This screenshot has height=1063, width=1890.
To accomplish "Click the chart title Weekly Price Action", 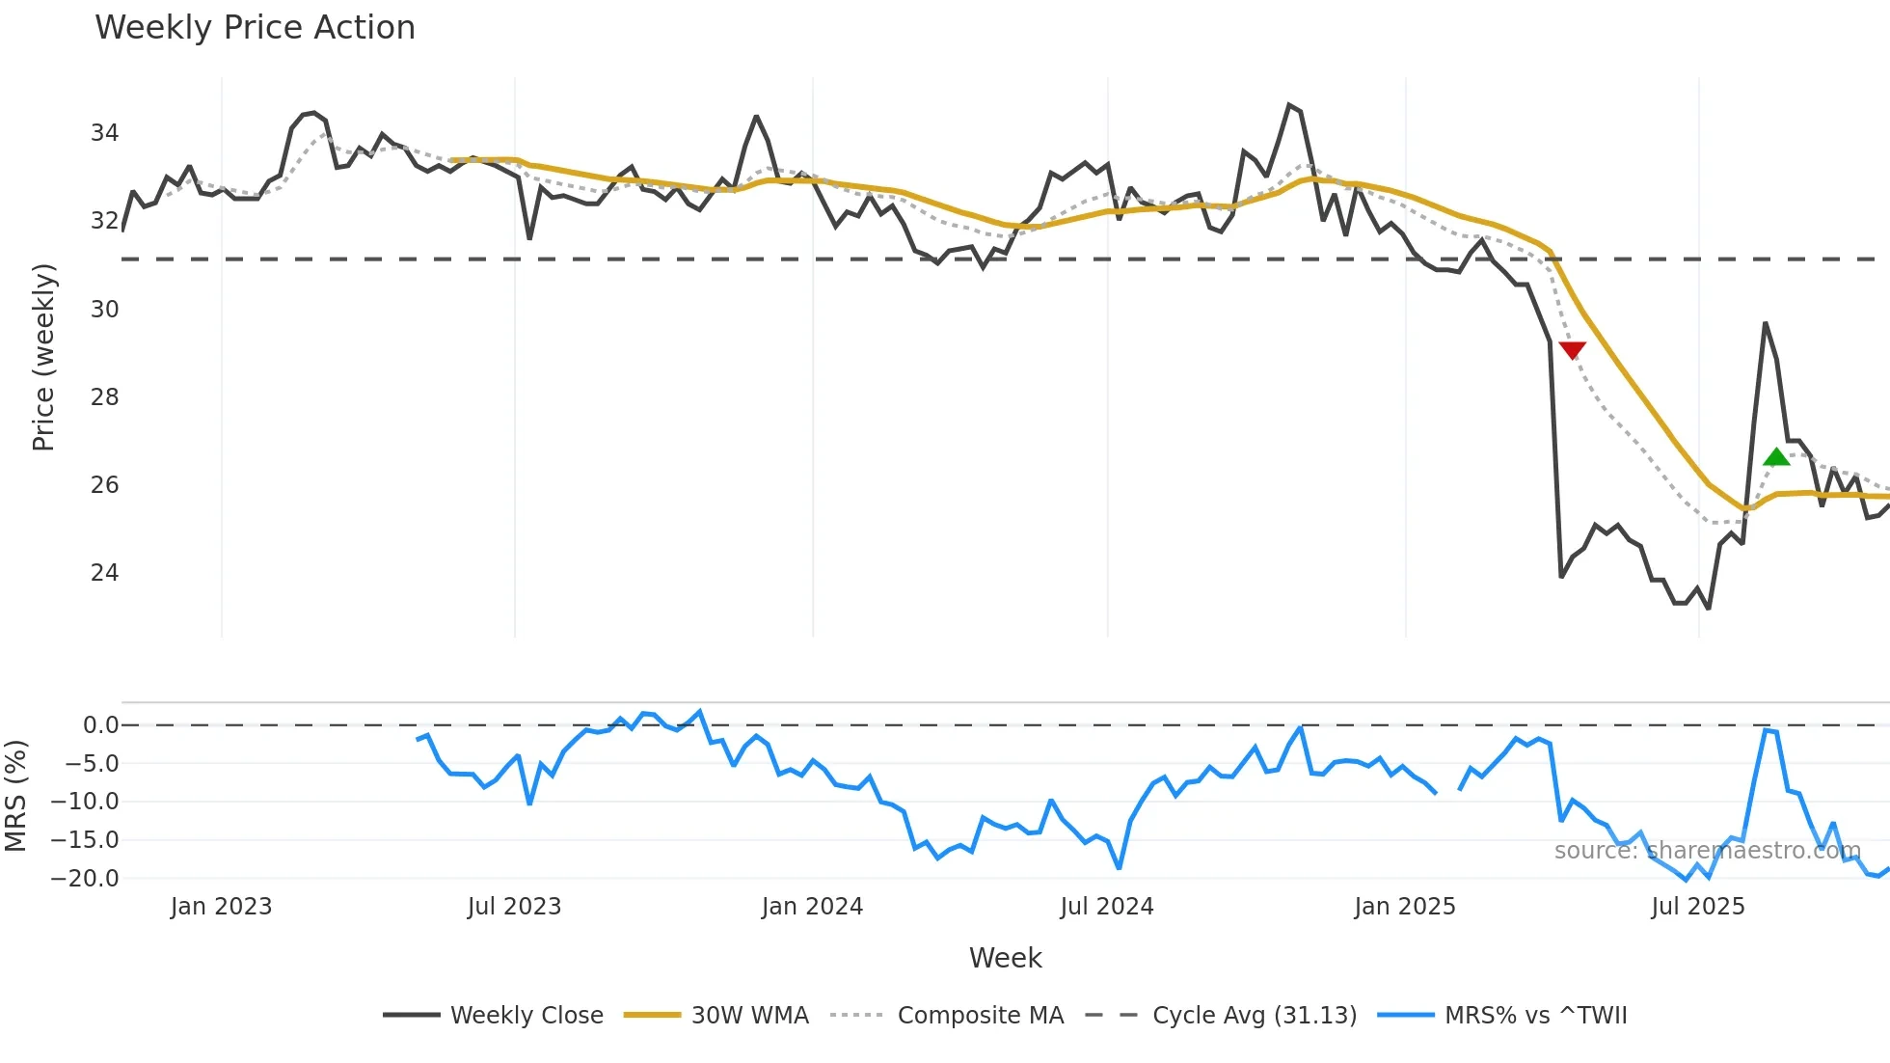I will pos(255,28).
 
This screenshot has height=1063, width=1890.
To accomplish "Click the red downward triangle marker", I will pos(1572,350).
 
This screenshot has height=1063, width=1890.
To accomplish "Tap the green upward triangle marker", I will pos(1775,457).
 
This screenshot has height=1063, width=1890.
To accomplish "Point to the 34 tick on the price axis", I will pos(104,133).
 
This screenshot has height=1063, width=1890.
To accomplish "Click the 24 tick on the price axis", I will pos(104,573).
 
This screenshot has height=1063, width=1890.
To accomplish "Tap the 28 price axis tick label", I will pos(104,397).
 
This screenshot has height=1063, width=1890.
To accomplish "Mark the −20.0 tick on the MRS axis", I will pos(85,879).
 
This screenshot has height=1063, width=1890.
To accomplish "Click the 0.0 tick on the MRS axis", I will pos(100,725).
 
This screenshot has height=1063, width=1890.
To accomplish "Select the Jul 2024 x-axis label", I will pos(1106,907).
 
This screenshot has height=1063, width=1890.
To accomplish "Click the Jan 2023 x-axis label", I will pos(221,907).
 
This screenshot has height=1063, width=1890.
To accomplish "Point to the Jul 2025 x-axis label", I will pos(1697,907).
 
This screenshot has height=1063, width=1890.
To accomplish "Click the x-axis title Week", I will pos(1005,958).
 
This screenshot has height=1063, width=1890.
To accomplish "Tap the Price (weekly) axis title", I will pos(43,357).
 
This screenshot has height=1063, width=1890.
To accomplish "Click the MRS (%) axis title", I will pos(15,796).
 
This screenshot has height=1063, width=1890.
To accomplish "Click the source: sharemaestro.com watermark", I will pos(1707,851).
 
